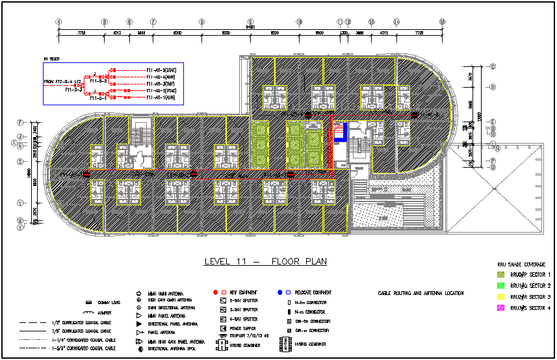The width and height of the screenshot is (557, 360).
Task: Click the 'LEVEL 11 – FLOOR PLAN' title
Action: coord(265,262)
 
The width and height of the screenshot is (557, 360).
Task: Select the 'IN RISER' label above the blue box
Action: coord(51,59)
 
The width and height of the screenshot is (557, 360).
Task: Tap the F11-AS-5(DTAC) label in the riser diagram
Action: coord(166,70)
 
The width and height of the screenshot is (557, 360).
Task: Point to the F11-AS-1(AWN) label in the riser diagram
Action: coord(166,97)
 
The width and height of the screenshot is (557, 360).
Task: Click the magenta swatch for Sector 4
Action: coord(500,308)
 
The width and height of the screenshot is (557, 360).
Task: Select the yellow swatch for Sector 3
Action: coord(500,297)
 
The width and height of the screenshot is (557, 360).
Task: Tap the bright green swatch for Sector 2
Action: coord(500,286)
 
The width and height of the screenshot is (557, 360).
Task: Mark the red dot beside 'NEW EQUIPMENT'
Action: coord(215,293)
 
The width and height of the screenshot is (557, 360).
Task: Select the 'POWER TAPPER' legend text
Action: coord(242,328)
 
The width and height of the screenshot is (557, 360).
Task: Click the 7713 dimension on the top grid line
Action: coord(81,32)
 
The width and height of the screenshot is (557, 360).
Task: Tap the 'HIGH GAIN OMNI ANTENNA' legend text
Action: coord(170,300)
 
